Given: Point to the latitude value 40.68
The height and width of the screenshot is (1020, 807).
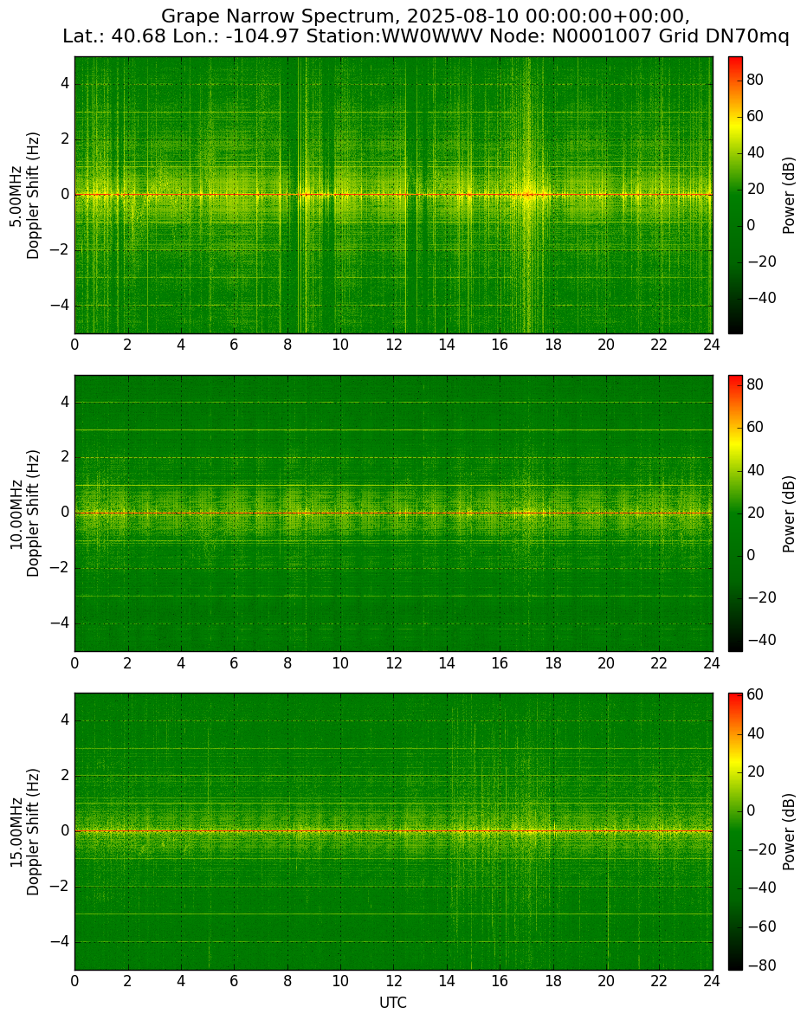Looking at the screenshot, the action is point(134,36).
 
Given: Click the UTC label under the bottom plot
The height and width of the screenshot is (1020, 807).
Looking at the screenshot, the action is point(393,1003).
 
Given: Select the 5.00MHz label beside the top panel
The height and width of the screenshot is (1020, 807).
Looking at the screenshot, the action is point(16,195).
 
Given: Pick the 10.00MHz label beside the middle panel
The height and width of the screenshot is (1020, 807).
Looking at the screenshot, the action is point(16,513).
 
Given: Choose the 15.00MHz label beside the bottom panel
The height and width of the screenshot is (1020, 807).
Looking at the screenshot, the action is point(16,831).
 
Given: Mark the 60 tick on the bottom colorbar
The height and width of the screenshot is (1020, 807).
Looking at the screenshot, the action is point(754,694).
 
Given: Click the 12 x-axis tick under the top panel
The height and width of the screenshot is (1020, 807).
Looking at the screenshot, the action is point(393,345).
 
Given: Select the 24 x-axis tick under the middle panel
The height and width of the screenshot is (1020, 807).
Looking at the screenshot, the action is point(712,663).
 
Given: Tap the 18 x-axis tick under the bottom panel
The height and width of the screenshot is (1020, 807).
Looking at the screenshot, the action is point(552,981).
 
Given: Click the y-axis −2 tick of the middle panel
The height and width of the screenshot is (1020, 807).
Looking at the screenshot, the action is point(61,569).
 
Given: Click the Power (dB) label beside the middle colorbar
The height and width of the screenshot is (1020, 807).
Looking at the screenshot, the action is point(789,513).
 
